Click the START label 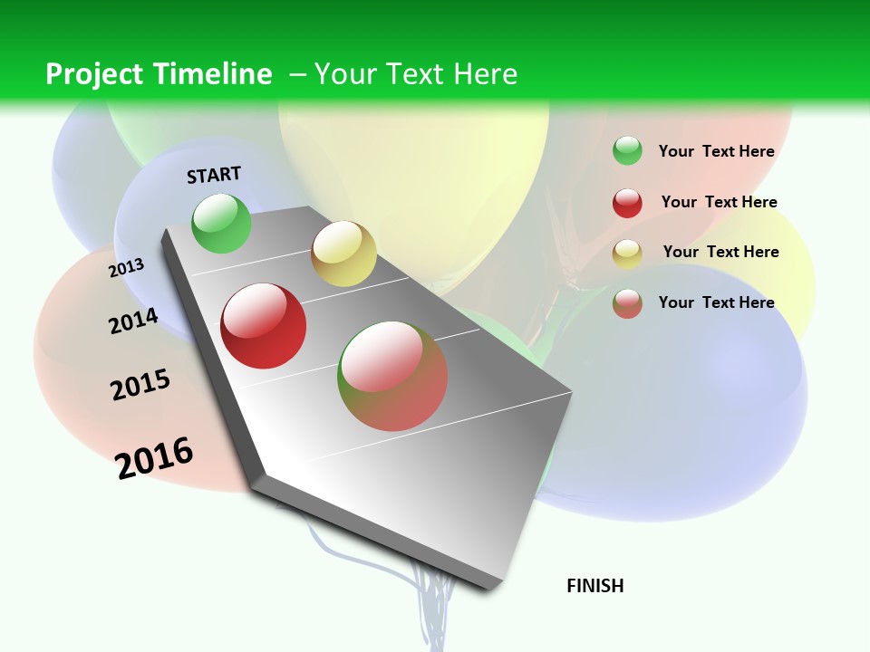(214, 175)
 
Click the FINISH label (594, 586)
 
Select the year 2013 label (126, 267)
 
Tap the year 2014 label (133, 321)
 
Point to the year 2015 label (140, 385)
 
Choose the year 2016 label (154, 458)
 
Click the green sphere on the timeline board (221, 224)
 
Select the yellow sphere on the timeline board (343, 254)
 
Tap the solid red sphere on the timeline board (264, 326)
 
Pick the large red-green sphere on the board (392, 376)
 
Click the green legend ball (627, 150)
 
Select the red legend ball (627, 203)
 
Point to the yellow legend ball (627, 254)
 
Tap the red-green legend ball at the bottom (627, 303)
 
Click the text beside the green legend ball (716, 151)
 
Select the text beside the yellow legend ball (720, 252)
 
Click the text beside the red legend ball (719, 202)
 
